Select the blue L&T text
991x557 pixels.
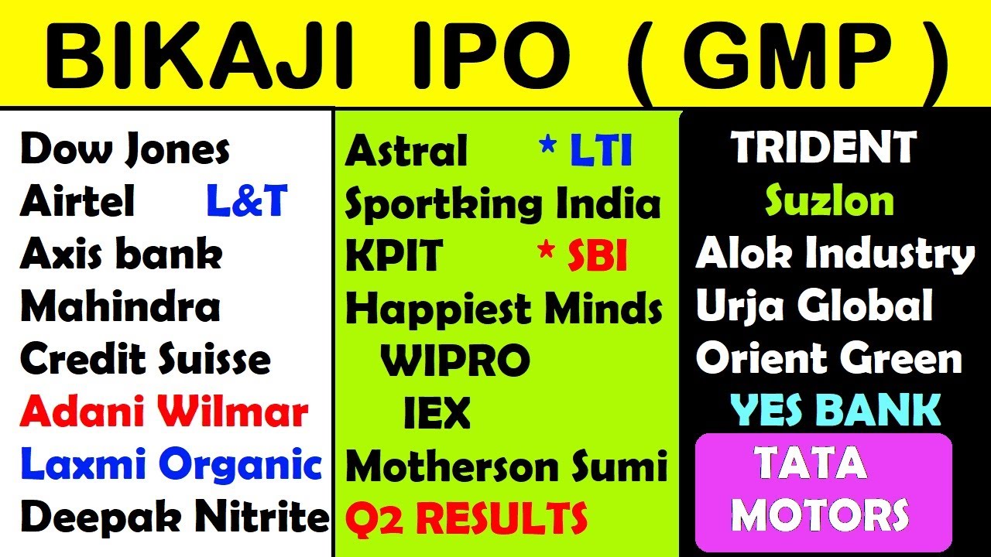click(247, 202)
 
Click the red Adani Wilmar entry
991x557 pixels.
click(164, 412)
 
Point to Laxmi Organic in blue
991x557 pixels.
click(171, 465)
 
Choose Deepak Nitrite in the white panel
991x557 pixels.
click(175, 517)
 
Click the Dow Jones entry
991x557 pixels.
click(125, 149)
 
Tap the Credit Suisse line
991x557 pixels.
click(146, 360)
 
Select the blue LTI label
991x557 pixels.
click(600, 152)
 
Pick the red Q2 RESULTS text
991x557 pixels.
click(466, 518)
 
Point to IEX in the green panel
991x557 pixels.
click(437, 414)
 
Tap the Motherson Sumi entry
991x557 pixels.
click(506, 466)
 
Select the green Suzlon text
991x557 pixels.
click(829, 202)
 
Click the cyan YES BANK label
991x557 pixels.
click(835, 410)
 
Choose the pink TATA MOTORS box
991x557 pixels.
click(823, 492)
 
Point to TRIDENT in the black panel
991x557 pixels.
click(824, 149)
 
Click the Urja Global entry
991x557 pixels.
click(814, 307)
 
